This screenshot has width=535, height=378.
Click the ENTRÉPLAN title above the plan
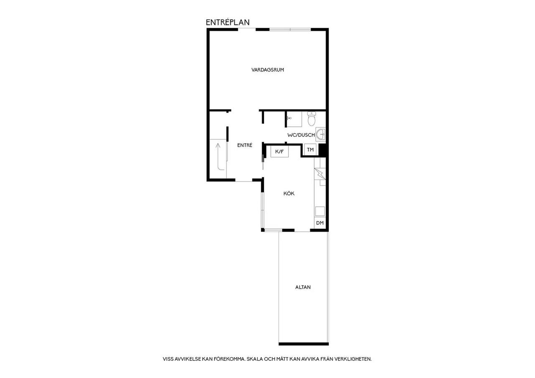coord(228,23)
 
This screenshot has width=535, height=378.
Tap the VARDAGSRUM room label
coord(267,70)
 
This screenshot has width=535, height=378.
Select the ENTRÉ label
coord(245,145)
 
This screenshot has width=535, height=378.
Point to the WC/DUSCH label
coord(301,135)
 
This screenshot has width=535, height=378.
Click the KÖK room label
coord(289,193)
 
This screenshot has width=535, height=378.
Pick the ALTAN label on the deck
coord(303,287)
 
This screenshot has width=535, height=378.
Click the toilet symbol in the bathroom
coord(311,118)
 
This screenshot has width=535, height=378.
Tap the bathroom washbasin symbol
coord(321,135)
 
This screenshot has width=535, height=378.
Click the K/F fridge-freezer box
coord(279,151)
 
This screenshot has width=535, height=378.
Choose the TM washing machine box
coord(310,150)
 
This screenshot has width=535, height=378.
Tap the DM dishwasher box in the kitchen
coord(320,223)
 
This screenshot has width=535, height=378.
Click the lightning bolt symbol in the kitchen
coord(320,174)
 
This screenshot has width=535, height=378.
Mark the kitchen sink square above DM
coord(320,212)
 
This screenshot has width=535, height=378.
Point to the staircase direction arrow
coord(220,157)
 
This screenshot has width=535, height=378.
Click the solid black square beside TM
coord(322,150)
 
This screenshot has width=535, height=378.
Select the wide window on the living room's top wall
coord(290,30)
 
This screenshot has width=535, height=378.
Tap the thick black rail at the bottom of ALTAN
coord(303,344)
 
